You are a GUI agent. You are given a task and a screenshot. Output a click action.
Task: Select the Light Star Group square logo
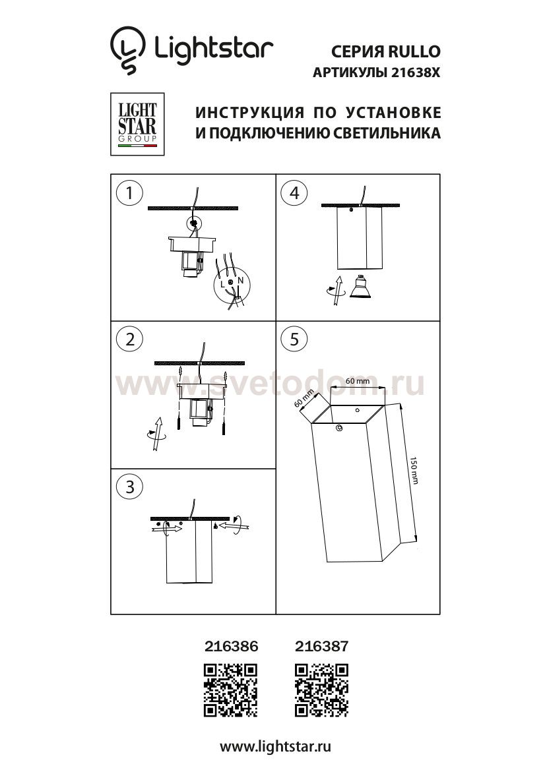[x=137, y=125]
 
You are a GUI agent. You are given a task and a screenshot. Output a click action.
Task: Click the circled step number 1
[x=129, y=193]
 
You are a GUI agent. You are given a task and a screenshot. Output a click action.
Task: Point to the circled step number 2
[x=129, y=339]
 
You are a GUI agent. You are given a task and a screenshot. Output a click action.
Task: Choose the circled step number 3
[x=129, y=487]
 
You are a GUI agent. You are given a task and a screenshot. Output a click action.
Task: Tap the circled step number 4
[x=294, y=193]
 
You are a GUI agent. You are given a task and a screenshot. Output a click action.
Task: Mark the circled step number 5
[x=294, y=339]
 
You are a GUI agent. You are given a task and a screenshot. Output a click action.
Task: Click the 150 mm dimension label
[x=414, y=471]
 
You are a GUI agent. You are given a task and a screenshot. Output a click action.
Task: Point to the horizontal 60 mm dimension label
[x=357, y=382]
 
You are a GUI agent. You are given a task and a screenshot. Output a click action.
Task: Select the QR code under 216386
[x=230, y=690]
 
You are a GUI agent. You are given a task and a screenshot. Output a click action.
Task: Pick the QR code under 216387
[x=321, y=690]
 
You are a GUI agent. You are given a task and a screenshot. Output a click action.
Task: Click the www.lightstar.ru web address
[x=274, y=746]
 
